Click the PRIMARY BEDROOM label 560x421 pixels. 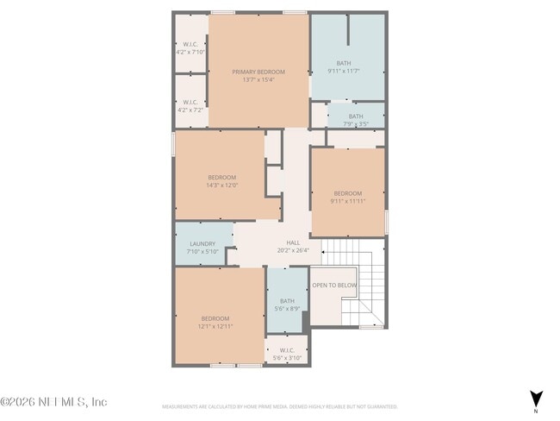(258, 72)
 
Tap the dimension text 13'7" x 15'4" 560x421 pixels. (258, 80)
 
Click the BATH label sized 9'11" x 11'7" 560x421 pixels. (344, 62)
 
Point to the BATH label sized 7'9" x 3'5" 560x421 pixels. (356, 116)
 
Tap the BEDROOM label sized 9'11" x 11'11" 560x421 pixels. (347, 193)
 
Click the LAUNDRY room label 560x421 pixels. (202, 243)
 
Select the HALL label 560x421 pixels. (293, 243)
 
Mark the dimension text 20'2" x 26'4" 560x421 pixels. (293, 251)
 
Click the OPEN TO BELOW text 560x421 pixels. (334, 285)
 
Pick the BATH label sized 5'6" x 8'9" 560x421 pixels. (287, 301)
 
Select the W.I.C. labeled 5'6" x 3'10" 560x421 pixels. (287, 350)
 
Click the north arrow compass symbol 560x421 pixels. (536, 398)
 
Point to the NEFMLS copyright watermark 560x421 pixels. (53, 402)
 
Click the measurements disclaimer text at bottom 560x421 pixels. (279, 405)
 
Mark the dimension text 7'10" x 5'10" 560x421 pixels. (202, 251)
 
